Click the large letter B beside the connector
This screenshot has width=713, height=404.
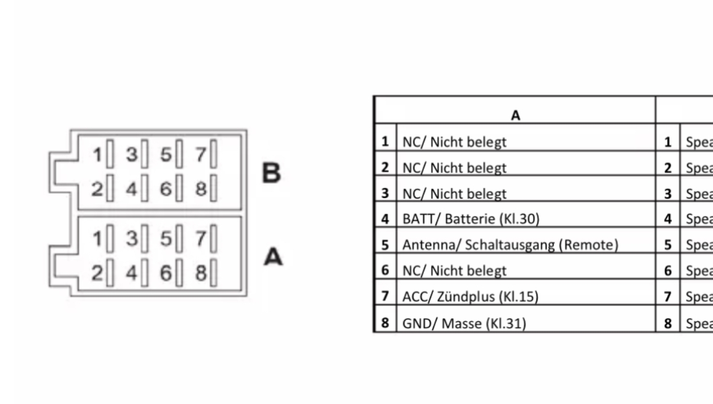coord(272,173)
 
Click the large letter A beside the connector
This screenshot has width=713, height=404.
coord(273,257)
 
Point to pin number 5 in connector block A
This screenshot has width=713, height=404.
coord(166,239)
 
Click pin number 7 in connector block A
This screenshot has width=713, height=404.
coord(201,239)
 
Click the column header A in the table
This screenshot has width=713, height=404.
coord(515,116)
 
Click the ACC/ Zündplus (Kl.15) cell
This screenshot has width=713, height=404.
coord(470,296)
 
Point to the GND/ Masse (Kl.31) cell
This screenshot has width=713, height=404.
coord(464,323)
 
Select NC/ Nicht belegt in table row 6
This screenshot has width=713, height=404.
coord(454,271)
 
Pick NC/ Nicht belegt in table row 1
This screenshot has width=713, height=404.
coord(454,142)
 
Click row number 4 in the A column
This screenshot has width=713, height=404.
coord(385,219)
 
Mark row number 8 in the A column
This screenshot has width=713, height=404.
coord(385,323)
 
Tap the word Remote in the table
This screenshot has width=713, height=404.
coord(594,245)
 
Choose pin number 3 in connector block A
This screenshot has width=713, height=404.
coord(131,239)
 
